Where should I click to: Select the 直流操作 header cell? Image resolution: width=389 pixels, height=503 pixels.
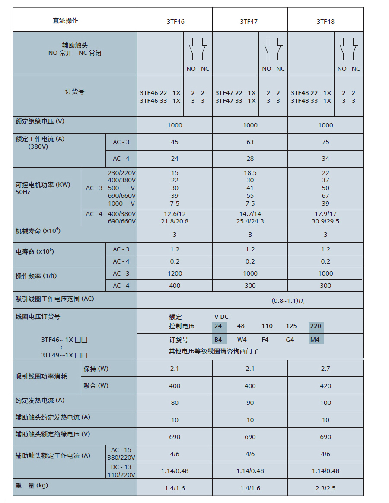pyautogui.click(x=65, y=20)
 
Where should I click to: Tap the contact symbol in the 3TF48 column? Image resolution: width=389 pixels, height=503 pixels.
pyautogui.click(x=348, y=50)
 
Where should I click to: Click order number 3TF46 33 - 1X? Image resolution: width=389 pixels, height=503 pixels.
pyautogui.click(x=160, y=101)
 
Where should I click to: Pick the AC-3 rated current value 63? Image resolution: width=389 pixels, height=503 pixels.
pyautogui.click(x=250, y=142)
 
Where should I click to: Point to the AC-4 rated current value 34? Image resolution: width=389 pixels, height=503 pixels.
pyautogui.click(x=325, y=159)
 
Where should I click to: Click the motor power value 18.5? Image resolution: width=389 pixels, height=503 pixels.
pyautogui.click(x=250, y=173)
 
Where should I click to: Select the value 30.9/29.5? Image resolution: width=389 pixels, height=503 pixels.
pyautogui.click(x=325, y=221)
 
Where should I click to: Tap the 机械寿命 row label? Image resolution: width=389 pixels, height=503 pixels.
pyautogui.click(x=38, y=231)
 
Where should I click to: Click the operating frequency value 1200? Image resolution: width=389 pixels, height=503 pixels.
pyautogui.click(x=175, y=274)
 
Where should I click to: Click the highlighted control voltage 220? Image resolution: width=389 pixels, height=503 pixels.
pyautogui.click(x=316, y=326)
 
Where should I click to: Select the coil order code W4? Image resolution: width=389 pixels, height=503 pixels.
pyautogui.click(x=242, y=340)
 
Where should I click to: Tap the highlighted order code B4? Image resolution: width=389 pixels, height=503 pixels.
pyautogui.click(x=218, y=340)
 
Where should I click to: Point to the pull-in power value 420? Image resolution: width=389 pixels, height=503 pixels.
pyautogui.click(x=325, y=386)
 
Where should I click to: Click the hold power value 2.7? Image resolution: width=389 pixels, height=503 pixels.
pyautogui.click(x=325, y=369)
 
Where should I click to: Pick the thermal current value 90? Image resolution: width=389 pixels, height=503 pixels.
pyautogui.click(x=250, y=403)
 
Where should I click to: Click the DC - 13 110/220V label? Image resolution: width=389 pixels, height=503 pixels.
pyautogui.click(x=121, y=471)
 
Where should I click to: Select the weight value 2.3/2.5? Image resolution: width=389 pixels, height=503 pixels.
pyautogui.click(x=325, y=488)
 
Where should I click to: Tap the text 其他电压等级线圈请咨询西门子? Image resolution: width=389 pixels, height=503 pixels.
pyautogui.click(x=214, y=351)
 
